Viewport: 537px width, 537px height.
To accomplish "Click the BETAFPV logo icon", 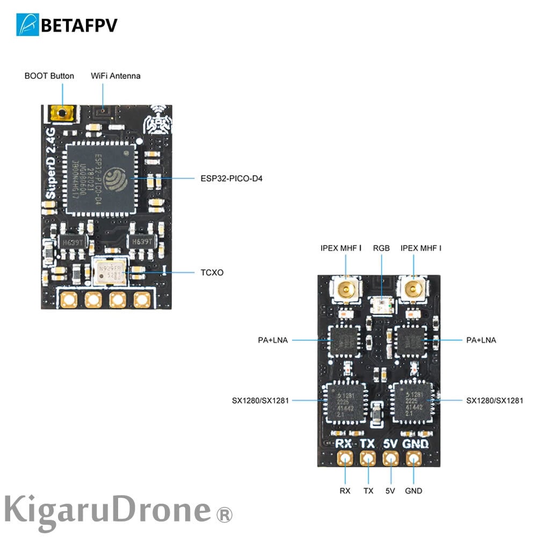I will pyautogui.click(x=28, y=25).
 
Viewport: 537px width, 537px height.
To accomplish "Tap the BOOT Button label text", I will pyautogui.click(x=49, y=76).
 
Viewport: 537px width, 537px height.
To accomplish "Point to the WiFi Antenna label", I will pyautogui.click(x=115, y=76).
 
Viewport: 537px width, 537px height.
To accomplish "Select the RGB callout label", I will pyautogui.click(x=381, y=248).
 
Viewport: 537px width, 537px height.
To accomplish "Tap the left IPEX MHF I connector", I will pyautogui.click(x=346, y=290).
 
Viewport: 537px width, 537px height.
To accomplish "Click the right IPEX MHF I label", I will pyautogui.click(x=420, y=248).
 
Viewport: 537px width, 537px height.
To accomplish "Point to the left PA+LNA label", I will pyautogui.click(x=273, y=340).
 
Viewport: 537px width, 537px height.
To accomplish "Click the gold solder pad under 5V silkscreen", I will pyautogui.click(x=390, y=459).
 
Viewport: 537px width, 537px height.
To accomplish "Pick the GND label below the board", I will pyautogui.click(x=413, y=491).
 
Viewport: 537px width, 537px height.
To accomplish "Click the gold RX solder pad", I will pyautogui.click(x=345, y=459).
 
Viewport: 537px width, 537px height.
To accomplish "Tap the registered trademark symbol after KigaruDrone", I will pyautogui.click(x=224, y=516).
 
